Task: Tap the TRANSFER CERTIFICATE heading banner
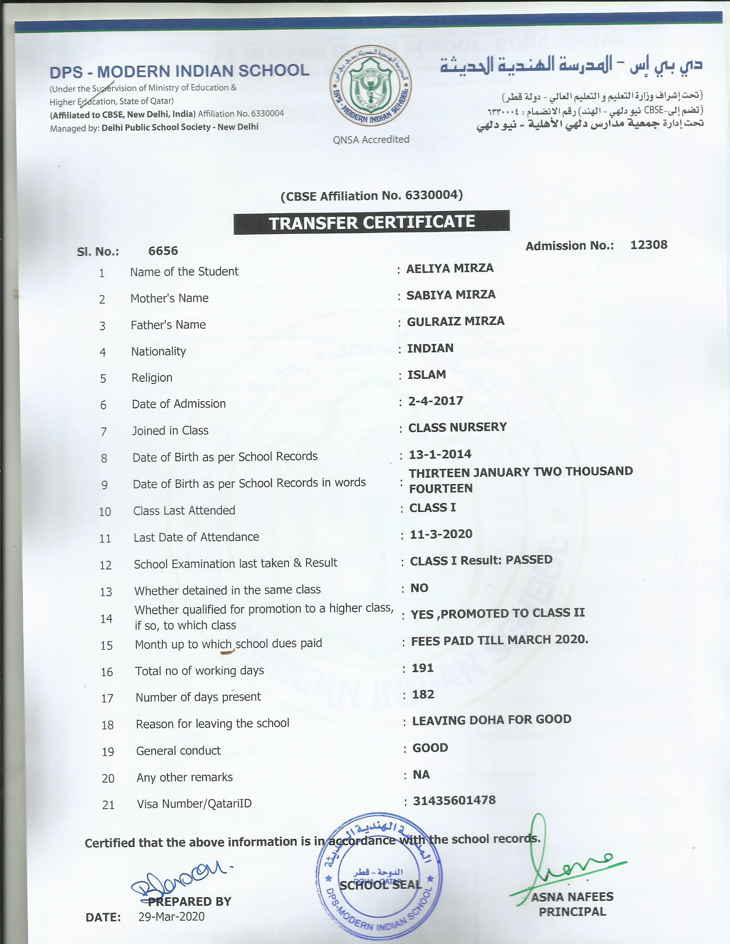[371, 223]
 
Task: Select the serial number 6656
[163, 251]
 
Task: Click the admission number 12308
[649, 245]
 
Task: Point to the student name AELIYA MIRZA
[450, 269]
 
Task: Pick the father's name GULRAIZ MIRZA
[456, 321]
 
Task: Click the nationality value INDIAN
[430, 348]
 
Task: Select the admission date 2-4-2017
[435, 401]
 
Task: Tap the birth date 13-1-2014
[440, 454]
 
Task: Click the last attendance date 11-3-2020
[441, 534]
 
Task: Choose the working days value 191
[423, 668]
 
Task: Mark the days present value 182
[423, 695]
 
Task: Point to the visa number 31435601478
[454, 801]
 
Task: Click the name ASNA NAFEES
[572, 897]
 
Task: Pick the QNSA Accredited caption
[371, 139]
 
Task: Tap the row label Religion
[152, 378]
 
